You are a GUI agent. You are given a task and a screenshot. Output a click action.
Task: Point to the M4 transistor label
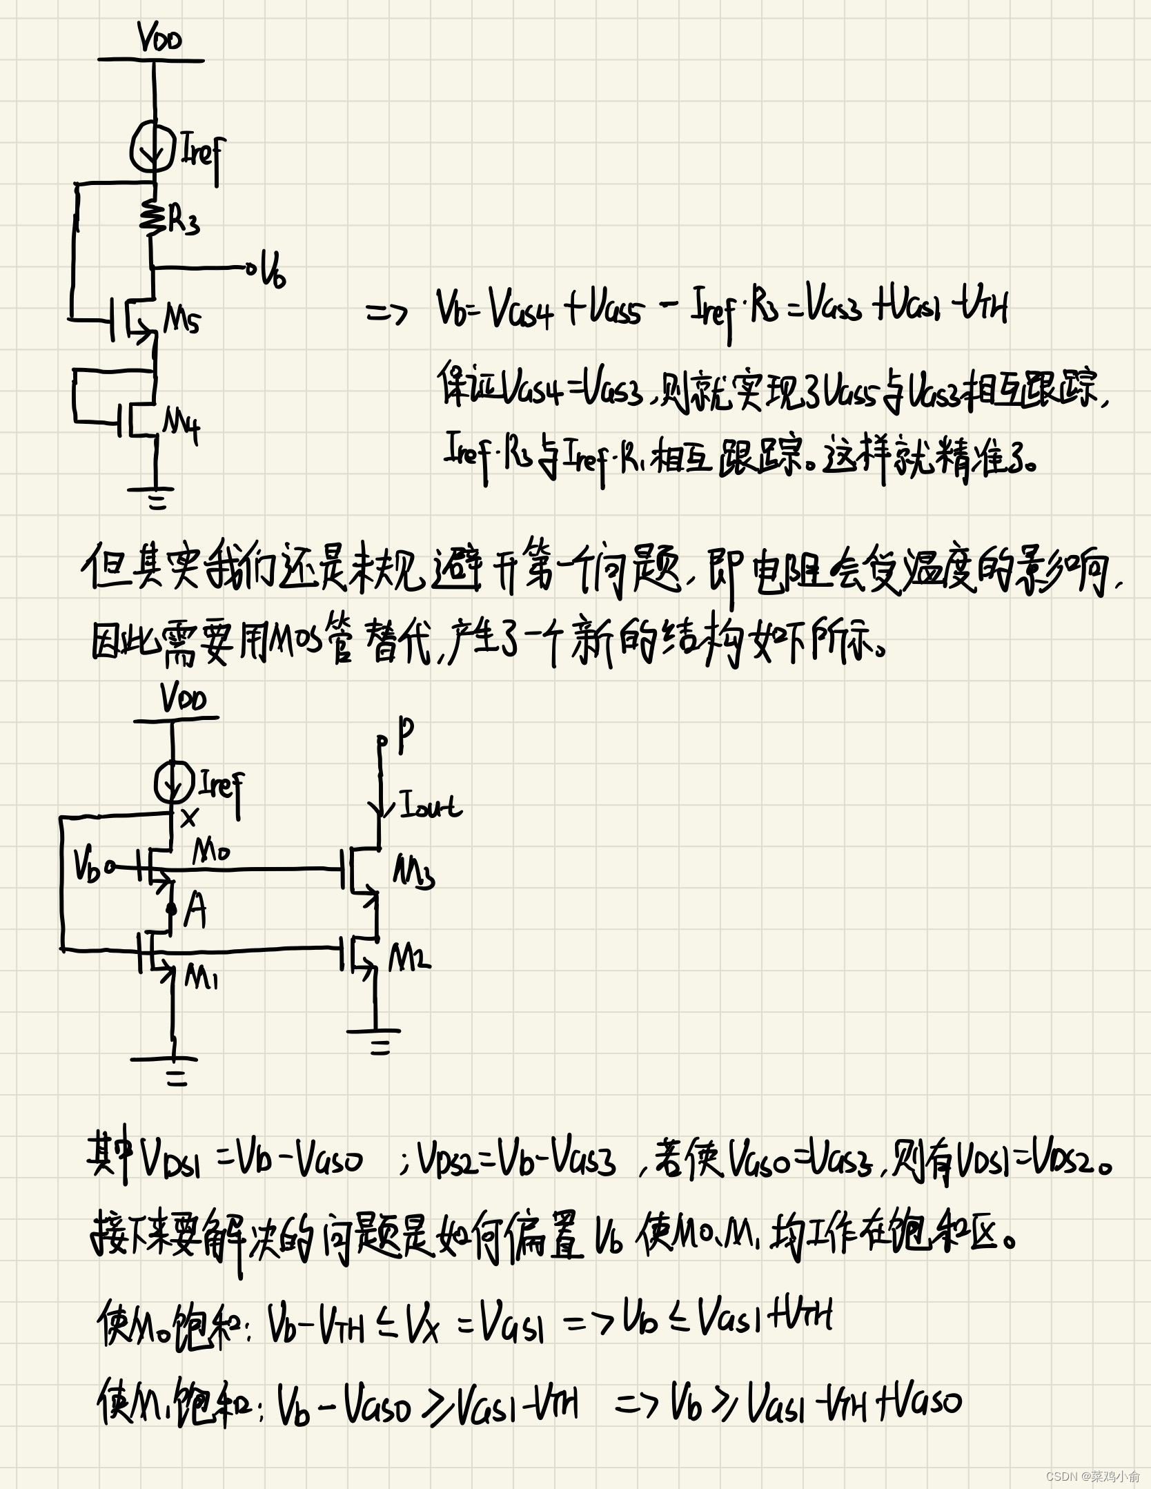(x=181, y=422)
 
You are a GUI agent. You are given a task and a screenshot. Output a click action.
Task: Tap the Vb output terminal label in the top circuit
(x=273, y=271)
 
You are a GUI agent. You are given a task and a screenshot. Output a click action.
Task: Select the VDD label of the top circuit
(x=160, y=38)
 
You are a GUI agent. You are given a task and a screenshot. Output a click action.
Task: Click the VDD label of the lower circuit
(x=183, y=698)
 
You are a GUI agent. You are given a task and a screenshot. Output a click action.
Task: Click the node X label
(x=188, y=819)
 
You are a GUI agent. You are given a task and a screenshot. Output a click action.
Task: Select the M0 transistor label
(x=210, y=854)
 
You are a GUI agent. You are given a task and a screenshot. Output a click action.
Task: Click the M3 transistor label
(x=413, y=873)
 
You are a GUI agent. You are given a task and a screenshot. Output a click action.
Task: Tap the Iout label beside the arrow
(x=431, y=806)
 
